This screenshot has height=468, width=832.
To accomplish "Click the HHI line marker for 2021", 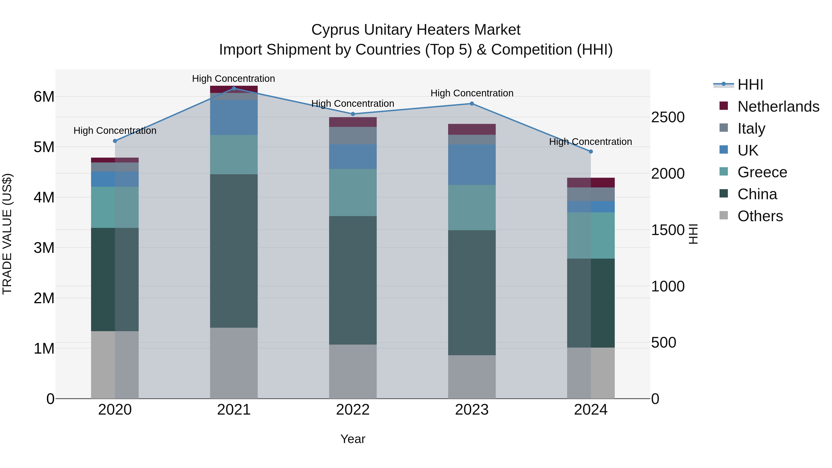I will [x=234, y=88].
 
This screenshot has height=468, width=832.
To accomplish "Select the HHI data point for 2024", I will [x=591, y=151].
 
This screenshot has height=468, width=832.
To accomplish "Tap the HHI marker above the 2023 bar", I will [x=471, y=104].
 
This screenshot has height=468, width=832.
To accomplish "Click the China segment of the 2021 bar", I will [x=234, y=251].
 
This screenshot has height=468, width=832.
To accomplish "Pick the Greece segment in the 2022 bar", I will [x=353, y=193].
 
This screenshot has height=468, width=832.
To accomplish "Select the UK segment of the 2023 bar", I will [x=471, y=165].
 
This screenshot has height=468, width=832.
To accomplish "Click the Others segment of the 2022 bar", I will [x=353, y=371].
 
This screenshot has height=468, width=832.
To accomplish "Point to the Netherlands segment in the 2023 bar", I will [x=471, y=129].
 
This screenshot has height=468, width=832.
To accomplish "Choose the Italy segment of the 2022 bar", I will [x=353, y=136].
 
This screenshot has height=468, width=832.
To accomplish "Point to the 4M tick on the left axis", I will [x=44, y=197].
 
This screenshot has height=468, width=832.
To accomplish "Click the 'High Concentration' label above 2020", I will [x=115, y=131].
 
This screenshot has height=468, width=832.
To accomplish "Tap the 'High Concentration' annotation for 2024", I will [x=590, y=142].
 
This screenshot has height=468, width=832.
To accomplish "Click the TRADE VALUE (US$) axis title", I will [x=7, y=234].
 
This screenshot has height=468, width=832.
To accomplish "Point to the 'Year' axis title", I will [x=353, y=439].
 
